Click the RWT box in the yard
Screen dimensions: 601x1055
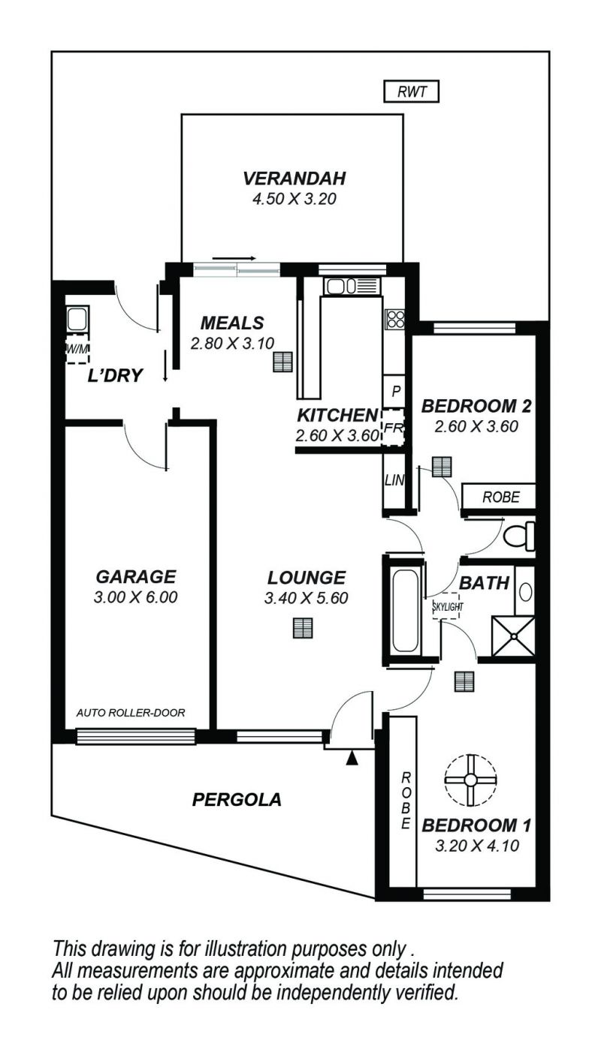coord(412,92)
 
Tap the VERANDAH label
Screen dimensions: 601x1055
coord(294,178)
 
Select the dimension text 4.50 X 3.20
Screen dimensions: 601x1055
coord(294,199)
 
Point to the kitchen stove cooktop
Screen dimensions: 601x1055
coord(394,320)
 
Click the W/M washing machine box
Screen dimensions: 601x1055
coord(77,349)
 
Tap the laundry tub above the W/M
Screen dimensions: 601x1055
coord(77,320)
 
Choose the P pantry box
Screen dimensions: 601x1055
coord(395,390)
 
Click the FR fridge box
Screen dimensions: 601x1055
coord(393,428)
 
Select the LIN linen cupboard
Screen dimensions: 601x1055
coord(394,480)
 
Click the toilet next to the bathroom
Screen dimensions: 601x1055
coord(519,536)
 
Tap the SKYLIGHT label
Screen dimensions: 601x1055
coord(448,606)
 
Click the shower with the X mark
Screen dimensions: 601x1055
coord(513,636)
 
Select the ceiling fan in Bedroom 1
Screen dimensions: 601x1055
coord(470,779)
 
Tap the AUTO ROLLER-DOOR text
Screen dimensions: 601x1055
coord(131,713)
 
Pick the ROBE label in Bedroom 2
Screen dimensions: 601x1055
coord(500,497)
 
